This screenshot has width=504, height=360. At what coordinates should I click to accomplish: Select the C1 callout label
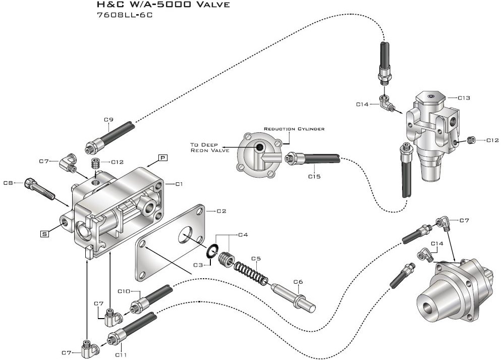pos(178,184)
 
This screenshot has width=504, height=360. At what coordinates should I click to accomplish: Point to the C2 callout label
pos(222,211)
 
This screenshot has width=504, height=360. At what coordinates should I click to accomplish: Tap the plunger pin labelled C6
pos(294,298)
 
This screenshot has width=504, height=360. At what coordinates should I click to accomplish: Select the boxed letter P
pos(163,158)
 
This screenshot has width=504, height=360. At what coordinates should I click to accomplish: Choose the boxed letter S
pos(45,233)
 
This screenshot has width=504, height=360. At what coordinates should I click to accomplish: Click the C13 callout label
pos(464,98)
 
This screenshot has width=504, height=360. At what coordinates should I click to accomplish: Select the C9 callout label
pos(108,120)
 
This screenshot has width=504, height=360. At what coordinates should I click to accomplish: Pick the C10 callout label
pos(124,291)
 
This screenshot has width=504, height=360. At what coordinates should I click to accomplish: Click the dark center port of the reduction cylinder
pos(259,147)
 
